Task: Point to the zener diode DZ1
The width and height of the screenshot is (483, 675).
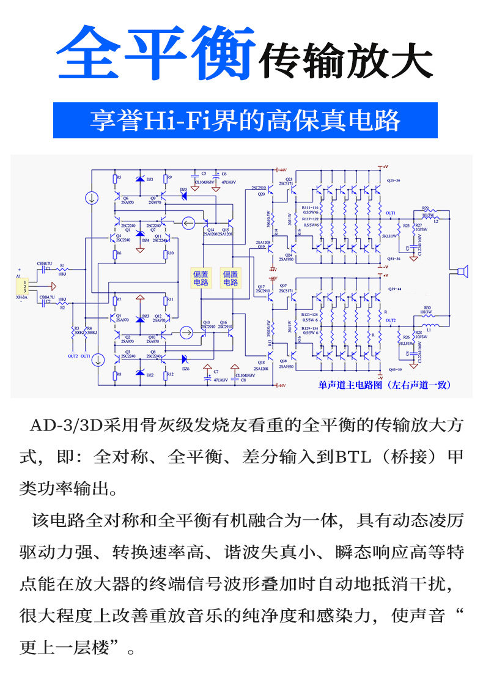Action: (141, 179)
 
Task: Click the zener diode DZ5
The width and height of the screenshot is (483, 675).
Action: (183, 197)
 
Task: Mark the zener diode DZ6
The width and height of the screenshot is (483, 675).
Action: (183, 360)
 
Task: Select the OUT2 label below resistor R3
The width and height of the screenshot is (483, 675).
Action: (73, 356)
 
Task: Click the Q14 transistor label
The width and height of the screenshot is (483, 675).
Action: (210, 230)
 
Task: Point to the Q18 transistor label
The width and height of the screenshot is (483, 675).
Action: (261, 363)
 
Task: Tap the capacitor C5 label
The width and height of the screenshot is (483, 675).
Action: (204, 174)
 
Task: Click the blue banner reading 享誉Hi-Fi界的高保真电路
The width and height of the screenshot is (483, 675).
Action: (245, 120)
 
